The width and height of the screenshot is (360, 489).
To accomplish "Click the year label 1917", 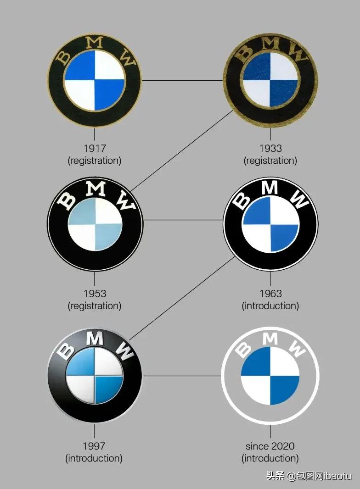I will (95, 149).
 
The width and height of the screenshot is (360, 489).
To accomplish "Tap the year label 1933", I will (270, 149).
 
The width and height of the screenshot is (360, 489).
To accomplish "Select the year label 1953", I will (95, 294).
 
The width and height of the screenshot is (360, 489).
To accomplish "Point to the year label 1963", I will (270, 294).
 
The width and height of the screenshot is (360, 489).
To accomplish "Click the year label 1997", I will (94, 446).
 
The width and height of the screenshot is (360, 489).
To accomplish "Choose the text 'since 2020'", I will (270, 446).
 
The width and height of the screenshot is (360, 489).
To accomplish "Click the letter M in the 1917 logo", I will (95, 43).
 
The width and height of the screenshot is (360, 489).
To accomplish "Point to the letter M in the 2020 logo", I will (270, 339).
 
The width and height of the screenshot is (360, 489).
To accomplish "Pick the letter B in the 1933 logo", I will (245, 51).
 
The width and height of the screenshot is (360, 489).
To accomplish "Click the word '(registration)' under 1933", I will (270, 161).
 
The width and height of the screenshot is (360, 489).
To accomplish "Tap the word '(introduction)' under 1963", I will (270, 306).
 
